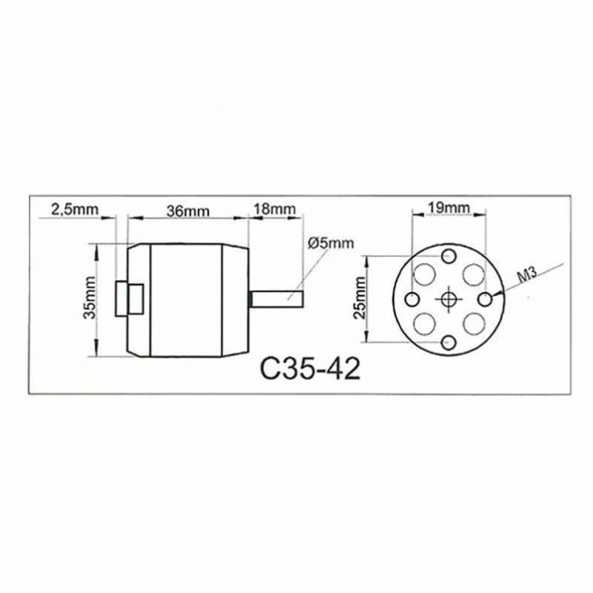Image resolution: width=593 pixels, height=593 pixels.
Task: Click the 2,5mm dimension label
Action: (74, 209)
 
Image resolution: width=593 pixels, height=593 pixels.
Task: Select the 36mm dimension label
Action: (188, 211)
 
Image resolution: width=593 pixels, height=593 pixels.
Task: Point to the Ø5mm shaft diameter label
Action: (331, 243)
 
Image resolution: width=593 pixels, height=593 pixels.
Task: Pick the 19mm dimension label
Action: (448, 208)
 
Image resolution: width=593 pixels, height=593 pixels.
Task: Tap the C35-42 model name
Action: (310, 370)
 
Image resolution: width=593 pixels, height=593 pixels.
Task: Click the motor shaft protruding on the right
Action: (277, 299)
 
